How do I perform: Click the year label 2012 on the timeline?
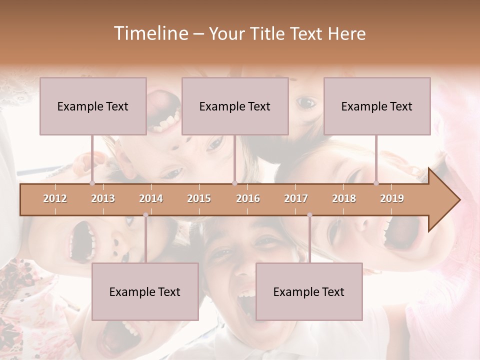pos(55,198)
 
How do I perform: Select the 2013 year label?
pos(103,198)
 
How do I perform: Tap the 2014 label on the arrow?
pos(151,198)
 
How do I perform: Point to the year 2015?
pos(199,198)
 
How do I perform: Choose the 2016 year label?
pos(248,198)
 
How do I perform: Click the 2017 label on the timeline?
pos(296,198)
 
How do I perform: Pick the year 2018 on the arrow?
pos(344,198)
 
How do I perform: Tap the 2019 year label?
pos(392,198)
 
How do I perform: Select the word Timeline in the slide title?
pos(149,33)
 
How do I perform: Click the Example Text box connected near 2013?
pos(93,106)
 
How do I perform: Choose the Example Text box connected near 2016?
pos(235,106)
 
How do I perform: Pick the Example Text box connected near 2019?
pos(377,106)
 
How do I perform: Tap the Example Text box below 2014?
pos(145,291)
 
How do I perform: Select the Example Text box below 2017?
pos(309,291)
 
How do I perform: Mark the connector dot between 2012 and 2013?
pos(92,183)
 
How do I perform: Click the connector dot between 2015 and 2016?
pos(234,183)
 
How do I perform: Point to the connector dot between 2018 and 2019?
pos(376,183)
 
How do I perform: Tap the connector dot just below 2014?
pos(145,215)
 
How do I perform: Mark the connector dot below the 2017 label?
pos(309,215)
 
